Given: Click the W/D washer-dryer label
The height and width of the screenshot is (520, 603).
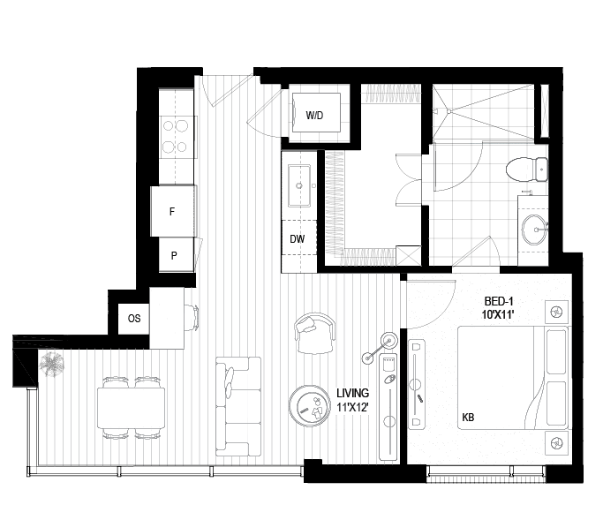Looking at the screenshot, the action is click(314, 115).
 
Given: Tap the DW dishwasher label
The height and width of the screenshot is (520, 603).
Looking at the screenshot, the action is click(297, 239).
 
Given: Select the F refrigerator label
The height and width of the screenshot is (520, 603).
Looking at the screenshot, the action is click(172, 211).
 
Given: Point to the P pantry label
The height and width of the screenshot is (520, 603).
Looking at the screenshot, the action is click(174, 255).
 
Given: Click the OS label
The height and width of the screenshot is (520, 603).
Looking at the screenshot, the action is click(134, 319).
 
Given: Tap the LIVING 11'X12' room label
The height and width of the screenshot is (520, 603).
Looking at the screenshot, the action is click(352, 400).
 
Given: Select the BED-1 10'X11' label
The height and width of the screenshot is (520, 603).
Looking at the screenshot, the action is click(499, 308).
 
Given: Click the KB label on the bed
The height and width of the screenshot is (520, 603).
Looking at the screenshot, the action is click(468, 417).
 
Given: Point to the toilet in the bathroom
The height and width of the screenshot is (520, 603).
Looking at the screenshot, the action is click(527, 170).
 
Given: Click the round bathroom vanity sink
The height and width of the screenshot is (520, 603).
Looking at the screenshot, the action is click(534, 230).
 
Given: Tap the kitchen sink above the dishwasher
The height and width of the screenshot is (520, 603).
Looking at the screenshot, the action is click(299, 185).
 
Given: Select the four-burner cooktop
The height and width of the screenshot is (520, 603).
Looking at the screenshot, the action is click(176, 137).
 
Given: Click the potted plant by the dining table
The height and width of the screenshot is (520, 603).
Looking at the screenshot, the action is click(51, 365).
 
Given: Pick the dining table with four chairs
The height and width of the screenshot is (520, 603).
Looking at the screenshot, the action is click(132, 408).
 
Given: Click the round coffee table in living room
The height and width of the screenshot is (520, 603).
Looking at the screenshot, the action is click(310, 406).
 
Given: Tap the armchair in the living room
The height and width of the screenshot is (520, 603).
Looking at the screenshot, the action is click(315, 333).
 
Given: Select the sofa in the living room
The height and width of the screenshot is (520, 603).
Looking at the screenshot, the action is click(238, 406).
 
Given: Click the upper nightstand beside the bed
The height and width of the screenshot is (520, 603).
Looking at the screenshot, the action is click(556, 312).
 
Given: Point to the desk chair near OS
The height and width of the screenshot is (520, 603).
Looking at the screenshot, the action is click(192, 318).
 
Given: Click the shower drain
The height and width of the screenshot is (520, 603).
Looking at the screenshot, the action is click(448, 111).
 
